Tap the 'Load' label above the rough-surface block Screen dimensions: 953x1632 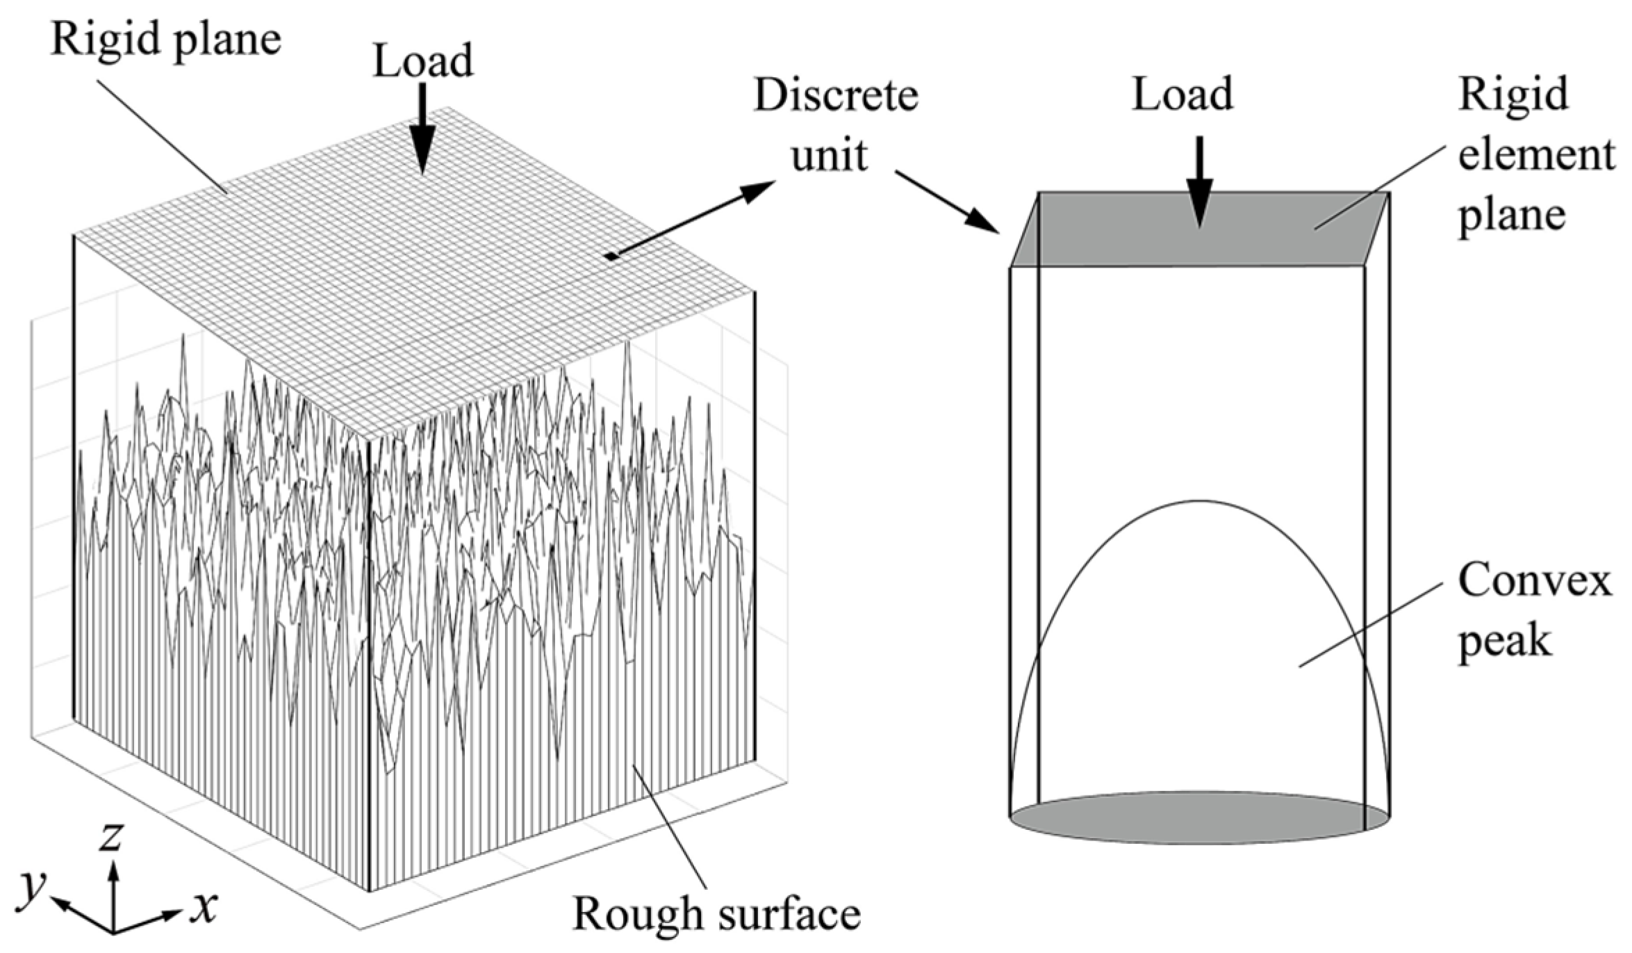point(423,61)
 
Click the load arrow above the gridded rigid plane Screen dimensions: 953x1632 point(422,139)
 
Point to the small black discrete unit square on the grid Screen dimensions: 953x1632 point(611,257)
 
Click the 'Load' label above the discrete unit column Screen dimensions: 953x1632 point(1182,95)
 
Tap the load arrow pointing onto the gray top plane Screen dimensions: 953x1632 point(1200,184)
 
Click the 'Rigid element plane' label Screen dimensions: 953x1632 point(1534,154)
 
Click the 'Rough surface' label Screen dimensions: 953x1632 point(716,913)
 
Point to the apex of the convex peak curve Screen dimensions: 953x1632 point(1200,501)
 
